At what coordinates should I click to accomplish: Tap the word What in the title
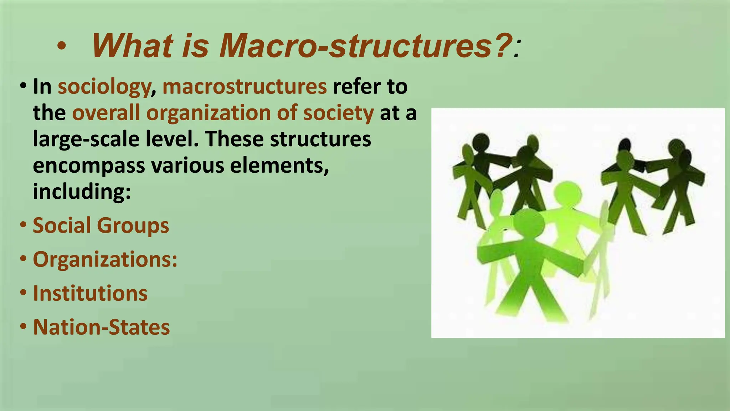tap(132, 46)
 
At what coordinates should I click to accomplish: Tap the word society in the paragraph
tap(338, 113)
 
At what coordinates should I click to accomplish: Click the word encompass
tap(89, 166)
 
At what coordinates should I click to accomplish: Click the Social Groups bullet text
tap(101, 226)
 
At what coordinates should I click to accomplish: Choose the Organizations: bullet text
tap(105, 259)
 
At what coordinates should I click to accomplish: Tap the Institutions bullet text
tap(90, 293)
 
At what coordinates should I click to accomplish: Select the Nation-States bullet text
tap(101, 327)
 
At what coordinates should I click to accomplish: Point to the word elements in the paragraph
tap(279, 166)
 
